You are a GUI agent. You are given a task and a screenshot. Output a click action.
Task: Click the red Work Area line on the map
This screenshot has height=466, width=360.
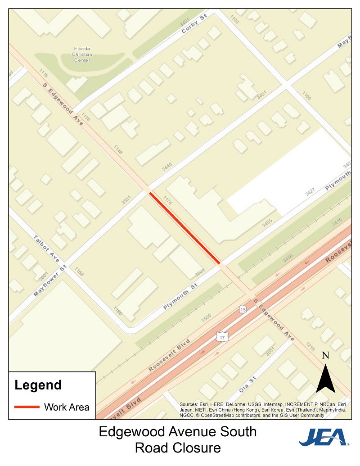(184, 228)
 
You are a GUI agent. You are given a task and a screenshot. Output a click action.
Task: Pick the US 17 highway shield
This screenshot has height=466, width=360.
(220, 336)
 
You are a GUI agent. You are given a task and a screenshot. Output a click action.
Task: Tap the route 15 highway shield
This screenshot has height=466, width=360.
(243, 310)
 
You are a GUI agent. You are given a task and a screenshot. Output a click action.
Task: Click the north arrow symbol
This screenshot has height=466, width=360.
(325, 379)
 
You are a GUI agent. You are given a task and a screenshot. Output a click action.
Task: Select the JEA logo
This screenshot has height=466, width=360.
(324, 437)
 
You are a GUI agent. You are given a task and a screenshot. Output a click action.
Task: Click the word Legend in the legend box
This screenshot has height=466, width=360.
(38, 385)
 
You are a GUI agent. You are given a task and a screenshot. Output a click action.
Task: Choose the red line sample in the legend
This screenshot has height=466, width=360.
(27, 407)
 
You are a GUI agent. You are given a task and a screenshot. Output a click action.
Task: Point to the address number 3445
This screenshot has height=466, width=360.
(167, 167)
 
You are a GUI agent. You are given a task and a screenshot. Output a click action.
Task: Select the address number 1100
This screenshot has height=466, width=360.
(234, 19)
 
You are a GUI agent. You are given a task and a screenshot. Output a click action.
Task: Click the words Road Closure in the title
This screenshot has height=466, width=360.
(178, 448)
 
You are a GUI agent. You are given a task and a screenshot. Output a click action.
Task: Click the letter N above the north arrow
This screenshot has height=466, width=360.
(326, 356)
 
